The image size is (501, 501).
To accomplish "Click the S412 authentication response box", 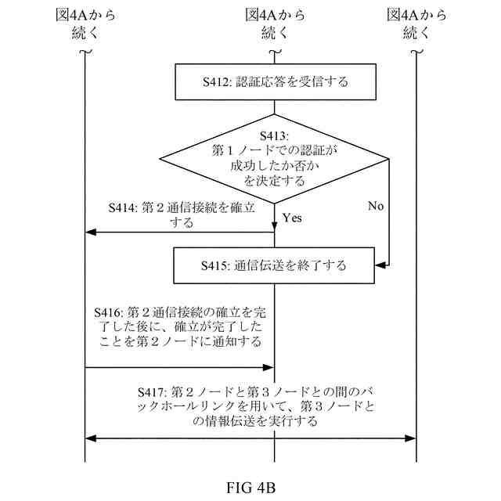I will coord(273,81).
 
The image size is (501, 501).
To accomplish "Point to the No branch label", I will coord(376,207).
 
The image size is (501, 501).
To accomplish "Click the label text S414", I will coord(122,208).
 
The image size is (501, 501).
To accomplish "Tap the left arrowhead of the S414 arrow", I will coord(88,232).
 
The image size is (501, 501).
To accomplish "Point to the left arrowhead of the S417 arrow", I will coord(88,439).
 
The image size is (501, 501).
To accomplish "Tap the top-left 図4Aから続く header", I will coord(85,23).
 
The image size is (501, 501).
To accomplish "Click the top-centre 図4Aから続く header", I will coord(274,23).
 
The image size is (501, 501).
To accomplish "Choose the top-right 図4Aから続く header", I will coord(416,23).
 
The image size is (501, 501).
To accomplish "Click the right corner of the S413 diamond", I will coord(388,160).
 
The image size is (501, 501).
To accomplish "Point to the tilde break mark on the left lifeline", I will coord(85,52).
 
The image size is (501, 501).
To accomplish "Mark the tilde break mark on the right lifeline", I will coord(416,52).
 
